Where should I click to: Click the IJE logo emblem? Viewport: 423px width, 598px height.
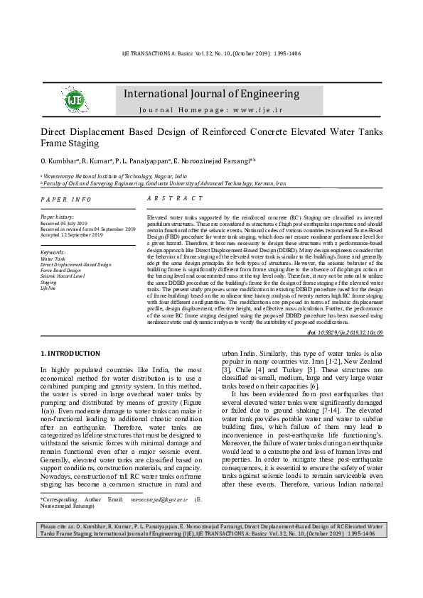(73, 100)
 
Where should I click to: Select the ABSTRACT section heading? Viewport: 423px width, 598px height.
(175, 200)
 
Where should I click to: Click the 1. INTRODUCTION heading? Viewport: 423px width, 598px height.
(70, 353)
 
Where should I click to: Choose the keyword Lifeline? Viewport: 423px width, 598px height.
(48, 288)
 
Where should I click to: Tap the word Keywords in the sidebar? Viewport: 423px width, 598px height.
(54, 252)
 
